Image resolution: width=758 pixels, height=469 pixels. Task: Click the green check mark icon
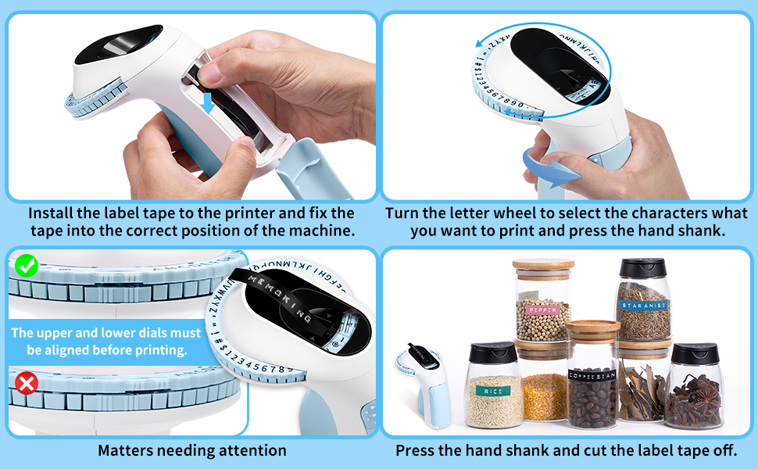pyautogui.click(x=27, y=267)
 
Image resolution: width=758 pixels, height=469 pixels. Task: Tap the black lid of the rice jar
pyautogui.click(x=493, y=353)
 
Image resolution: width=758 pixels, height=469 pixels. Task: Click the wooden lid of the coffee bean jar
pyautogui.click(x=592, y=328)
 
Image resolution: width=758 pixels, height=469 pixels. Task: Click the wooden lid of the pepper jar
pyautogui.click(x=543, y=266)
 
